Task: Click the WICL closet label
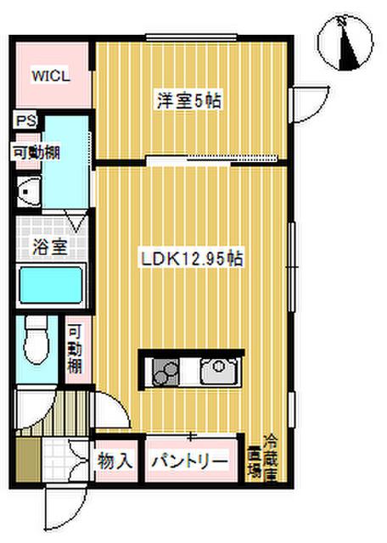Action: [x=51, y=76]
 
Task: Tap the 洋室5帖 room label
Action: [x=189, y=101]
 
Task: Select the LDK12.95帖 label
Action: [x=192, y=259]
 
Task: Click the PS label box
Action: [x=26, y=120]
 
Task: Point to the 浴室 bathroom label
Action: [x=49, y=247]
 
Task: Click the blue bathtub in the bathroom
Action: [x=51, y=286]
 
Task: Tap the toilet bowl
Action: [x=36, y=341]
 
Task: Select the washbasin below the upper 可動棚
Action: [x=29, y=191]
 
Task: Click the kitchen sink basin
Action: [x=220, y=371]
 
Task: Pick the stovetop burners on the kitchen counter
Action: [x=165, y=372]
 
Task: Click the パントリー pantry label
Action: [x=190, y=461]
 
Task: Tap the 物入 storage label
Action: [x=115, y=461]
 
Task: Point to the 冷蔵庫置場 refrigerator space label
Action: [x=262, y=458]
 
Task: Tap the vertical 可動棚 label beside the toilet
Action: [x=75, y=350]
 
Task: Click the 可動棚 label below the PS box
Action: [x=36, y=153]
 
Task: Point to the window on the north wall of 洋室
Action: [x=191, y=37]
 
